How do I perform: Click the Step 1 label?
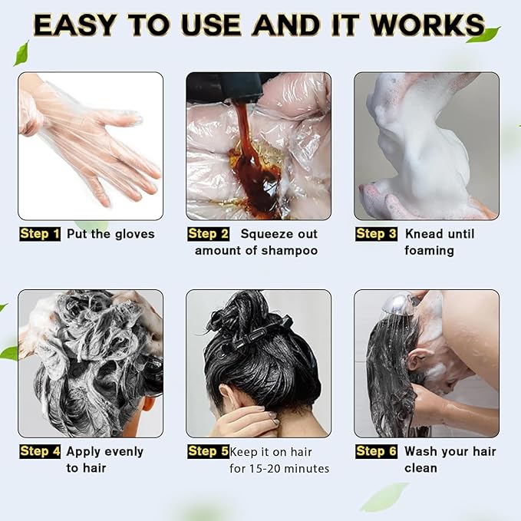tap(40, 234)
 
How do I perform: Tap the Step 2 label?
tap(208, 234)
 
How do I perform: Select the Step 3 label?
tap(376, 234)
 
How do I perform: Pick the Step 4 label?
tap(40, 451)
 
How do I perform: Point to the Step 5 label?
tap(208, 451)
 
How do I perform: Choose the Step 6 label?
tap(376, 451)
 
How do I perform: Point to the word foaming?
tap(429, 251)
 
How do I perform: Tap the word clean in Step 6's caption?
tap(420, 468)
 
